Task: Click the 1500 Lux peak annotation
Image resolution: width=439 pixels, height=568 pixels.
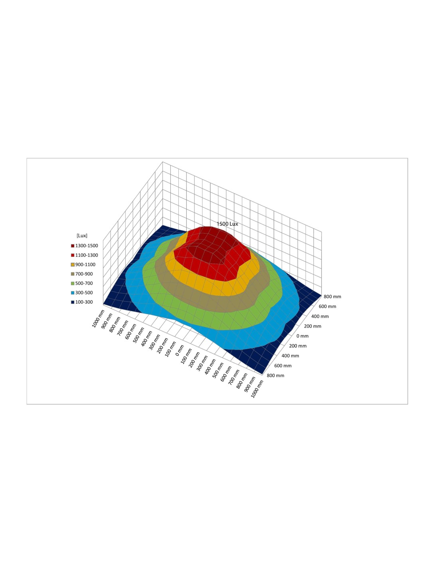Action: click(227, 224)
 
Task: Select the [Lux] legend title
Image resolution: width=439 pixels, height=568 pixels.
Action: click(82, 236)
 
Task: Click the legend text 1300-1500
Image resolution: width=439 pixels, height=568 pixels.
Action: click(87, 246)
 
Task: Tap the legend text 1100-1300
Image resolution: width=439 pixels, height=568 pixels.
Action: click(87, 255)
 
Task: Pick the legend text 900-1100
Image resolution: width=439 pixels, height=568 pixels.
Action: click(85, 264)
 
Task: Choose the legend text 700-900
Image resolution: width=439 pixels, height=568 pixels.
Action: click(84, 274)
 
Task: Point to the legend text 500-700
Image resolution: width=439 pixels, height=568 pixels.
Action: click(84, 283)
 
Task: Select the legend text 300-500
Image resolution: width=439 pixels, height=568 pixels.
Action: click(84, 293)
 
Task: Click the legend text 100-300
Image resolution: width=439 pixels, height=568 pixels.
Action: click(84, 302)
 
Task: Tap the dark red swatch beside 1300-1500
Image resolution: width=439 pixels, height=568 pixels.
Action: click(73, 246)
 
